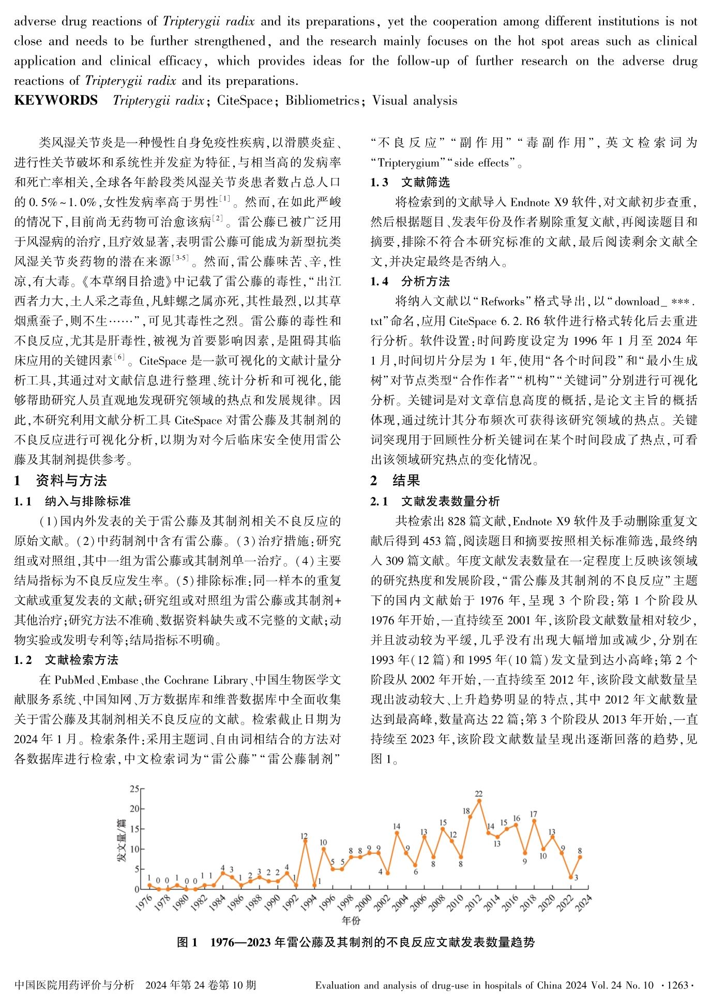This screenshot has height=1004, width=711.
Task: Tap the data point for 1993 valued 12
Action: [x=305, y=840]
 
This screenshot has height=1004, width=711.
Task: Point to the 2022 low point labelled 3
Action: [x=570, y=877]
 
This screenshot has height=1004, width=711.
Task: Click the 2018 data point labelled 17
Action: [x=534, y=820]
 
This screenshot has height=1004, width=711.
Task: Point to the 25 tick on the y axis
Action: [x=134, y=789]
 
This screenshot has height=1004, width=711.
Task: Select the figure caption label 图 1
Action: [x=187, y=942]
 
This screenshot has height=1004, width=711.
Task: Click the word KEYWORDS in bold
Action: [x=56, y=100]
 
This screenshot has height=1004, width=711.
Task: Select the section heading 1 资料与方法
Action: [x=60, y=480]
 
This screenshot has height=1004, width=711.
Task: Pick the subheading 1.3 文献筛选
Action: [x=410, y=182]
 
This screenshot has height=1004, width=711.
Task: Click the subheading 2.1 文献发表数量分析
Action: [x=435, y=501]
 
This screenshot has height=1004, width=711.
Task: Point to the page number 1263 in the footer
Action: [x=678, y=985]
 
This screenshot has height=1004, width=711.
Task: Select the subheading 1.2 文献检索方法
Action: [x=66, y=660]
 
